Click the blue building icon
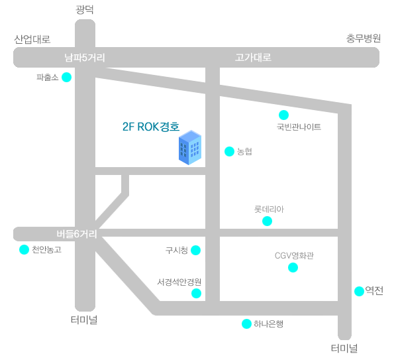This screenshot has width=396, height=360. coord(190,148)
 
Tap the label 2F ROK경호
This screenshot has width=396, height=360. coord(151,127)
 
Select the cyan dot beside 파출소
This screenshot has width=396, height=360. coord(67,77)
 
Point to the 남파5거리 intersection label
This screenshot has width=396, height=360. coord(85,58)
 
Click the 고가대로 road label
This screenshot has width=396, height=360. coord(253,58)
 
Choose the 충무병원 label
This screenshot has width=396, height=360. coord(364,38)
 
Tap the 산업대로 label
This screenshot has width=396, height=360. coord(32,39)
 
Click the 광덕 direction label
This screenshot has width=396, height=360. coord(85,9)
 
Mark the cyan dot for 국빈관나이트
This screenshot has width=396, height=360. coord(283,115)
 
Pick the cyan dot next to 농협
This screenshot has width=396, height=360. coord(229,151)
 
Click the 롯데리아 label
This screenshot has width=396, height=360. coord(269,210)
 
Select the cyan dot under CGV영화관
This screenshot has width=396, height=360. coord(293,267)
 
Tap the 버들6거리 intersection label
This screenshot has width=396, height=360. coord(77,234)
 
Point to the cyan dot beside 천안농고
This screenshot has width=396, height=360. coord(25,250)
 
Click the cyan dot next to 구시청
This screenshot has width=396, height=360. coord(196,251)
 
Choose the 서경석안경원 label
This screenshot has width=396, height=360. coord(179,282)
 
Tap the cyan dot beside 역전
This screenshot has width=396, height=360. coord(359,291)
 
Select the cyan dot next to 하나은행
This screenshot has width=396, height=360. coord(246,324)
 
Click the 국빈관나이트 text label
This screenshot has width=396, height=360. coord(299,127)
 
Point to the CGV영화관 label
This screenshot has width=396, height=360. coord(294,256)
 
